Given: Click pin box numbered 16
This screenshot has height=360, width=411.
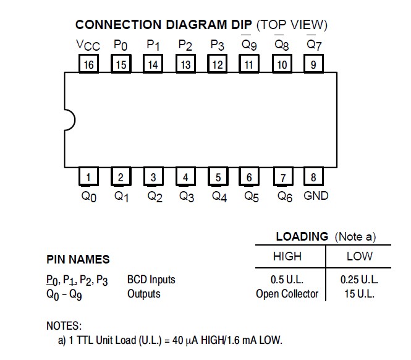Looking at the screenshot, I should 88,64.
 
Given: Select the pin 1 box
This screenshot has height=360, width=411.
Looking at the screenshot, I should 88,178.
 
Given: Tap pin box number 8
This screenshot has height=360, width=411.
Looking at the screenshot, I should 313,178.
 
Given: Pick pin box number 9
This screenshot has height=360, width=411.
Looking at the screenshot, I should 313,64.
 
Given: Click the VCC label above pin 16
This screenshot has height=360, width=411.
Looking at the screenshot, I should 88,45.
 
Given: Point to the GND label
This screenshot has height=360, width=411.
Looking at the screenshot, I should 316,196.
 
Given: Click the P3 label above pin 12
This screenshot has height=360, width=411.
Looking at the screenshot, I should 217,45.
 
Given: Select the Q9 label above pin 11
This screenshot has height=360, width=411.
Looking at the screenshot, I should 250,45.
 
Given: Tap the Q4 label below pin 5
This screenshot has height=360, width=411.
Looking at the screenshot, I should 219,197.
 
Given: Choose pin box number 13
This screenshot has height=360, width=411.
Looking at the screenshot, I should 185,64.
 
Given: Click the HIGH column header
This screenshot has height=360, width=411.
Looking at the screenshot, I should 287,256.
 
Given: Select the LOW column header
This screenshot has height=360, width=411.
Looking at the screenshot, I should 359,256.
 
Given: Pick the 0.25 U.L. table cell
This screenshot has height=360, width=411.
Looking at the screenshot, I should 359,280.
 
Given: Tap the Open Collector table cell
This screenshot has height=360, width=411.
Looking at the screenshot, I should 287,294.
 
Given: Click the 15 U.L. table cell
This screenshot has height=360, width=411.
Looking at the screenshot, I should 359,294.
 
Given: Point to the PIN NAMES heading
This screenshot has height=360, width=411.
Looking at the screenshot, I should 78,260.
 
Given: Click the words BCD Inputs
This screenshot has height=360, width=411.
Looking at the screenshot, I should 151,280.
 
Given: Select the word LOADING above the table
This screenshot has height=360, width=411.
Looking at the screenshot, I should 302,236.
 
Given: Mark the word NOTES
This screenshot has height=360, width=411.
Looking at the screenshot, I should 64,325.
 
